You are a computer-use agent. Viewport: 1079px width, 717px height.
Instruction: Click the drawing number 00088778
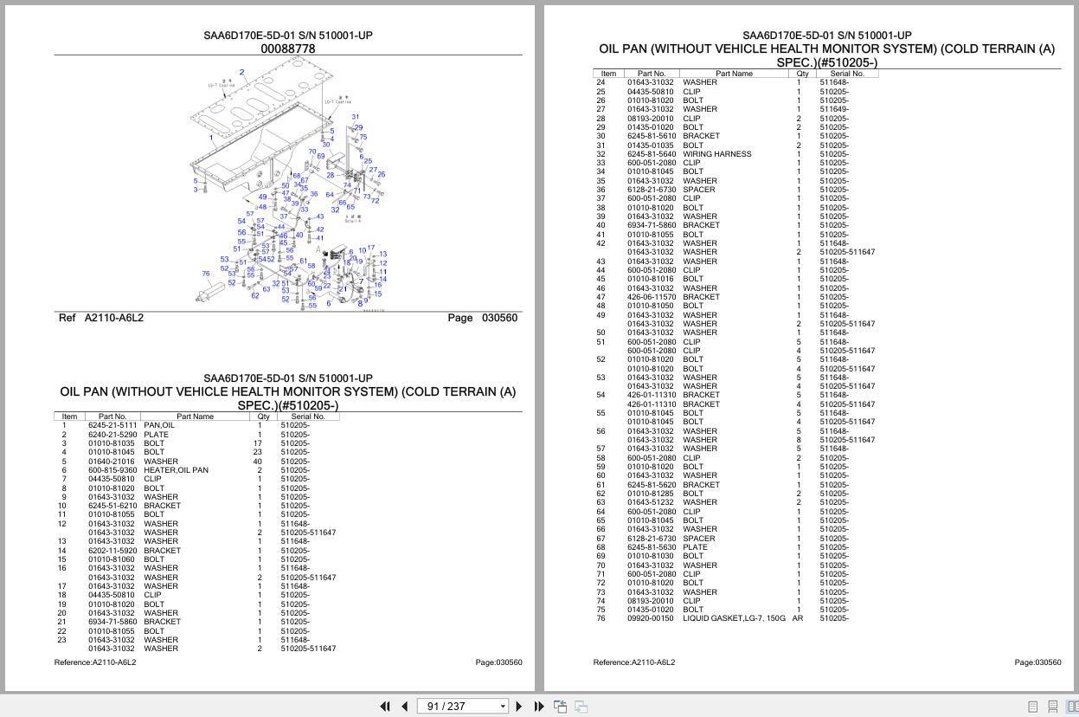(x=288, y=49)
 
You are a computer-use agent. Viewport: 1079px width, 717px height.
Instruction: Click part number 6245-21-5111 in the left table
(x=112, y=425)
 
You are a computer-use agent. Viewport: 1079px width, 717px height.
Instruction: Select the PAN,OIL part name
(x=159, y=425)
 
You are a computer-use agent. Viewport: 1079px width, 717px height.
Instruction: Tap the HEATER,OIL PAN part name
(x=176, y=470)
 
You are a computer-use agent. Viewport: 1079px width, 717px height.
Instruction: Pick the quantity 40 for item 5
(x=258, y=462)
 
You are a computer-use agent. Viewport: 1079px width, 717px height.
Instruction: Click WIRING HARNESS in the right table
(x=716, y=154)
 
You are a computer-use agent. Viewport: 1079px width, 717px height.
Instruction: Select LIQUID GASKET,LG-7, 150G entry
(x=734, y=618)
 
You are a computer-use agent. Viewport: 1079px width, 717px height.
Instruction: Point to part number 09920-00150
(x=651, y=618)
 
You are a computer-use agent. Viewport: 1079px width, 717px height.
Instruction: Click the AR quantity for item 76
(x=798, y=618)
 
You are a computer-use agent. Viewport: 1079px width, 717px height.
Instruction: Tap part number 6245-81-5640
(x=651, y=154)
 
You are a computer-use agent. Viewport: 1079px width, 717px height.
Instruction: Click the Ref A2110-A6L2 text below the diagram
(x=101, y=318)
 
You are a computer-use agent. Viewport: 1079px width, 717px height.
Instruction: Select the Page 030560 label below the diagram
(x=482, y=318)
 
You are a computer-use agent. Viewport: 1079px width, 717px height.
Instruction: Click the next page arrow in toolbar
(x=519, y=707)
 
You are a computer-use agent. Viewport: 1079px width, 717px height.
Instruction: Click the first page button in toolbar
(x=385, y=707)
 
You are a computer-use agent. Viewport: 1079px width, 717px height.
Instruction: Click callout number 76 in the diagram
(x=206, y=274)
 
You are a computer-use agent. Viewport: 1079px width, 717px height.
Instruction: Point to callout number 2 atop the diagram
(x=241, y=73)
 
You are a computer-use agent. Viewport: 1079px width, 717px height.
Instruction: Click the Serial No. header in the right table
(x=847, y=74)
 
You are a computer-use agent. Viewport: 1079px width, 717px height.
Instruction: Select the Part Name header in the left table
(x=196, y=417)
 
